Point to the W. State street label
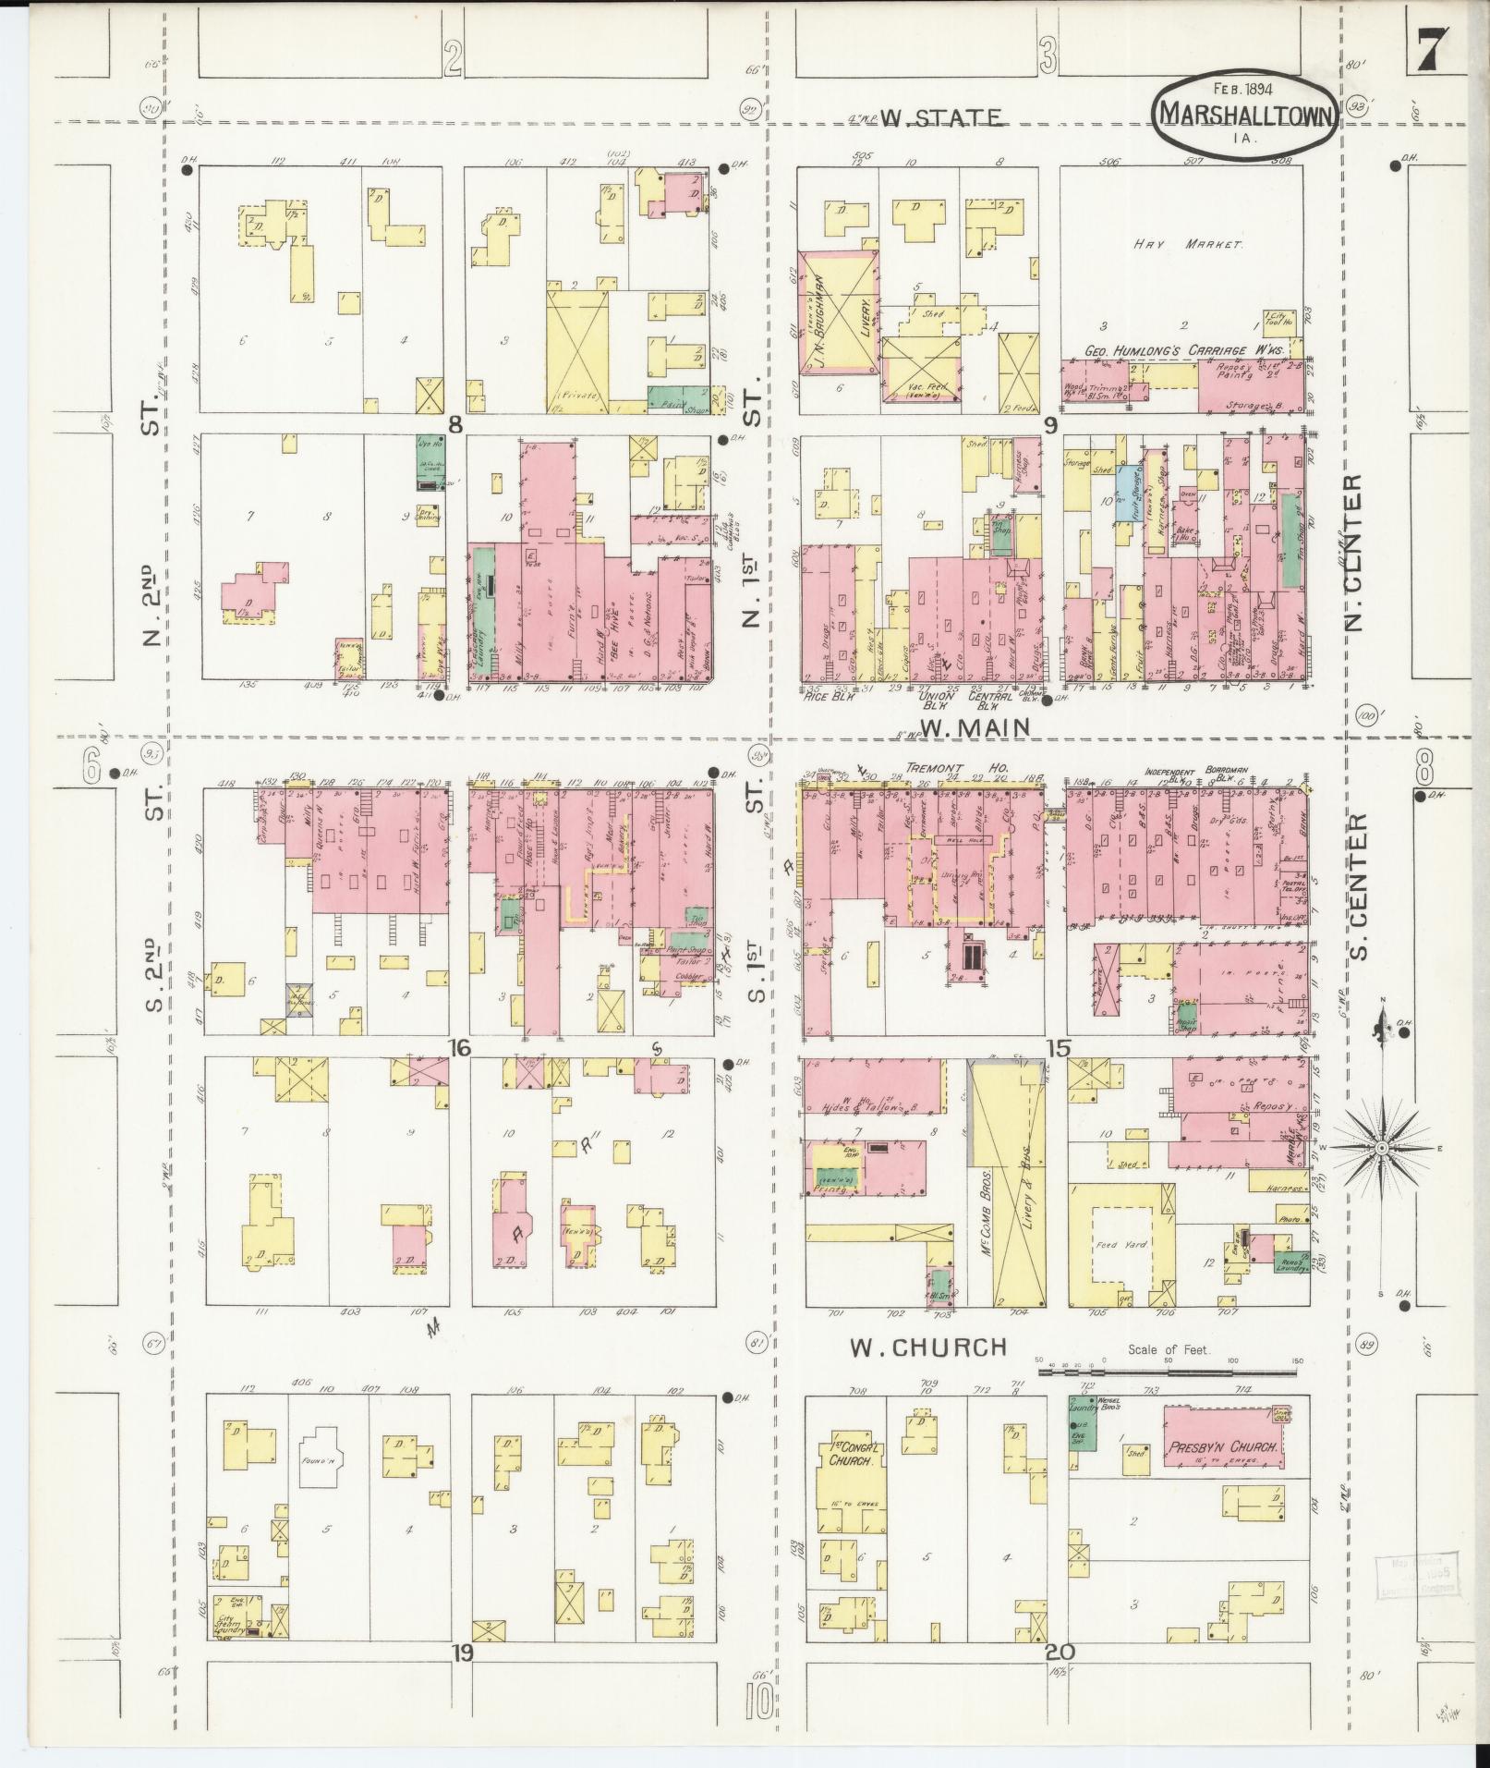click(939, 118)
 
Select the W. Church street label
click(927, 1347)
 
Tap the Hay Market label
click(1189, 244)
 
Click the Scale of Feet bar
click(1168, 1372)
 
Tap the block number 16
click(460, 1047)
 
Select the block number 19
click(462, 1652)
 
